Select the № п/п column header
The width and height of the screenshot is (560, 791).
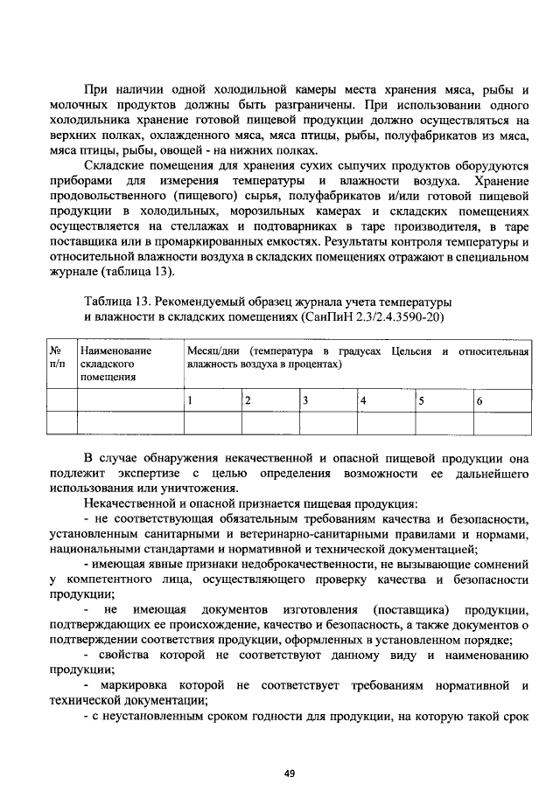[x=61, y=357]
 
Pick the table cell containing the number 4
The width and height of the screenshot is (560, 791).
[x=383, y=400]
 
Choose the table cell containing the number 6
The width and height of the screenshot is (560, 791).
[x=500, y=400]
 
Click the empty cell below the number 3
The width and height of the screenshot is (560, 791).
[x=326, y=423]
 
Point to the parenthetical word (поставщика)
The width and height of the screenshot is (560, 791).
[x=409, y=609]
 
